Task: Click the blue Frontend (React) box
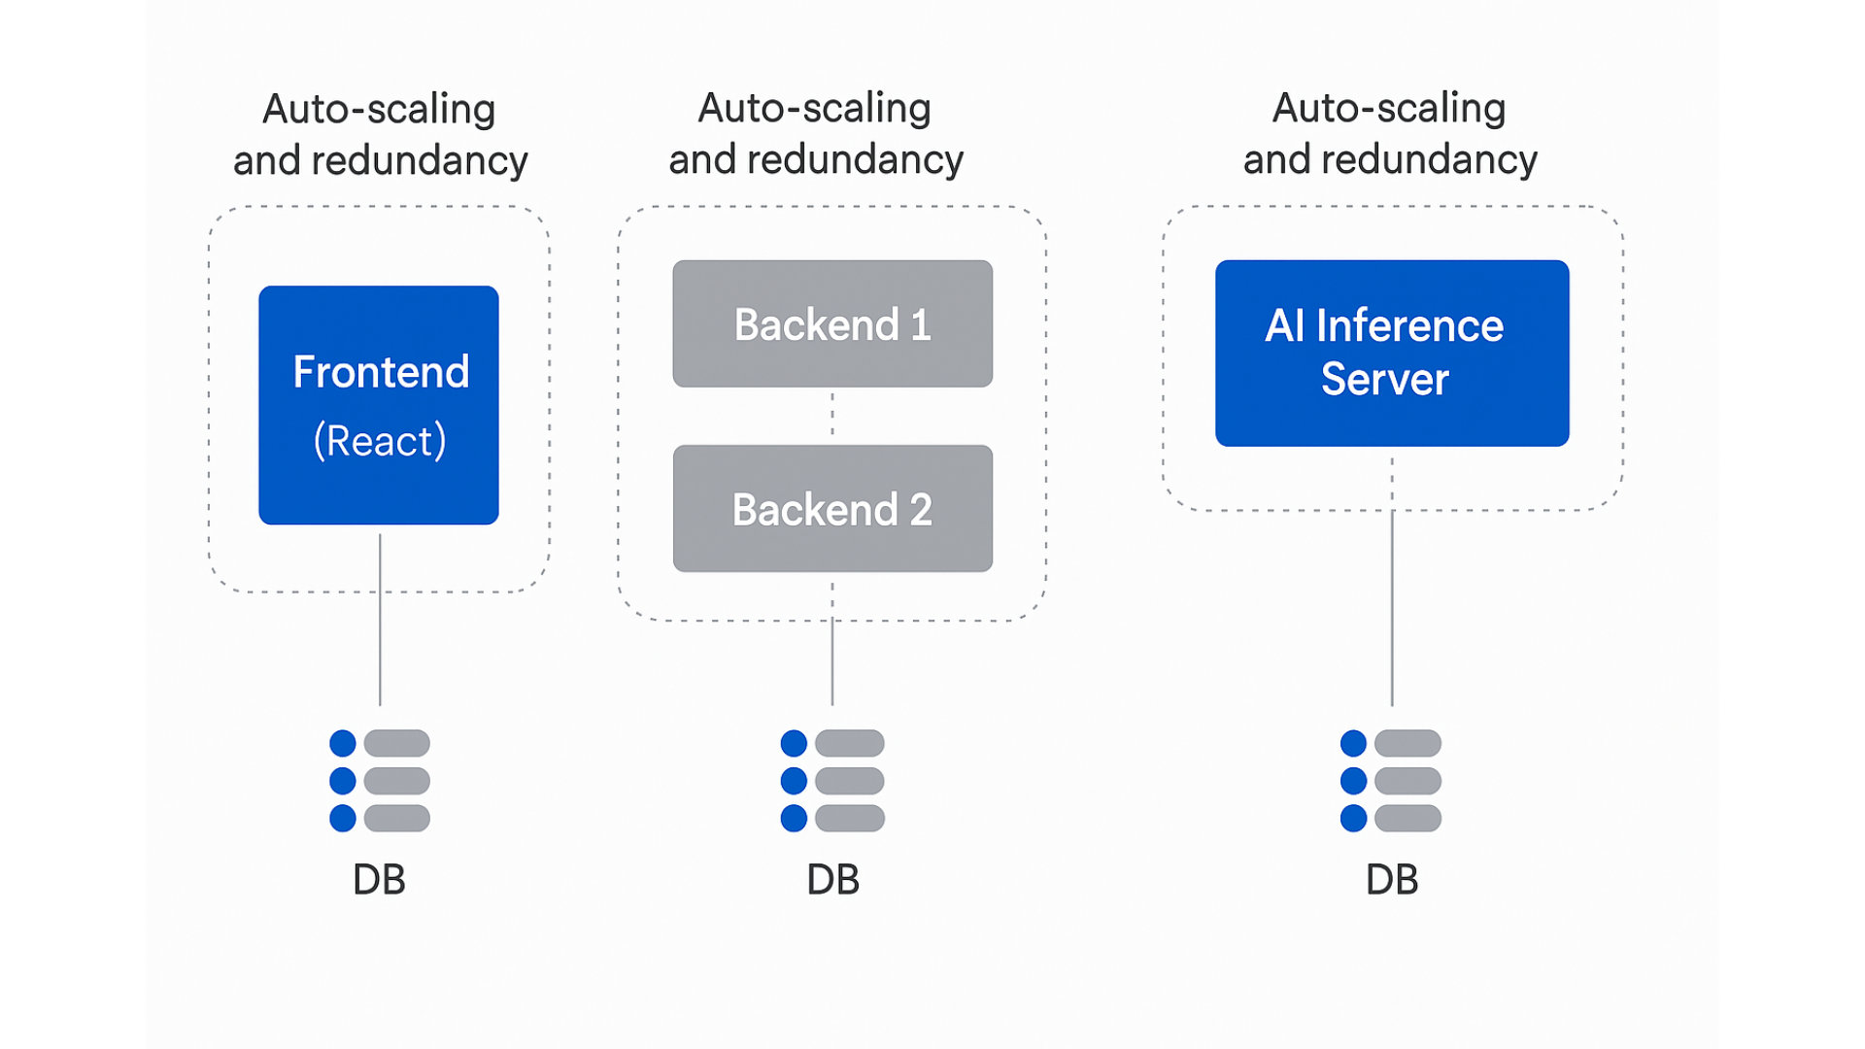(379, 405)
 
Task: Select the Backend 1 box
(832, 323)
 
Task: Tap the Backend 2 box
(832, 508)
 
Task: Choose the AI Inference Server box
(1392, 353)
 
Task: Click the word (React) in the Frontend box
(380, 441)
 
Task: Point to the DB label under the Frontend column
(379, 879)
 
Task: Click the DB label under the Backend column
(832, 879)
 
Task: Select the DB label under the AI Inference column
(1392, 879)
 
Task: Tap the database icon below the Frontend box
(380, 781)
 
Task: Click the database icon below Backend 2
(832, 781)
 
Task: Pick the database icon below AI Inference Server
(1391, 781)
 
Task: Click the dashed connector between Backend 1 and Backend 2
(832, 416)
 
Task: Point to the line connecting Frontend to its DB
(380, 620)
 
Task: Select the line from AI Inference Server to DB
(1392, 581)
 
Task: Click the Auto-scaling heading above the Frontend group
(380, 134)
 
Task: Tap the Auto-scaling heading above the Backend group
(816, 133)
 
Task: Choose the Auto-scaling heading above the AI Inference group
(1390, 133)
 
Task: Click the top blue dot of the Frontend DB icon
(343, 743)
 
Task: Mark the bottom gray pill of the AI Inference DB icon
(1408, 819)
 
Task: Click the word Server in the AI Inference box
(1385, 379)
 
